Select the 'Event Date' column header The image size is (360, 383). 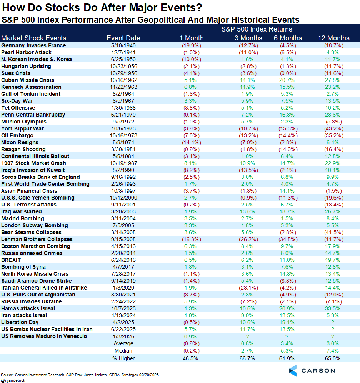point(123,38)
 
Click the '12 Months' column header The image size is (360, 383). point(333,38)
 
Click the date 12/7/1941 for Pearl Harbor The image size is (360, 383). point(123,52)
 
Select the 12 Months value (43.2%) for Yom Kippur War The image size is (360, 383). point(333,128)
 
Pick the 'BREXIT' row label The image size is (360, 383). point(11,260)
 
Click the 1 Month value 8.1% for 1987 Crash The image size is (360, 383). point(192,163)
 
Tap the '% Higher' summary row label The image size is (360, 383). point(123,358)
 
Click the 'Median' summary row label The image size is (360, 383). point(123,351)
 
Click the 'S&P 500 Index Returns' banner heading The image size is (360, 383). point(257,29)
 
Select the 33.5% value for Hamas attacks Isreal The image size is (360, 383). point(333,308)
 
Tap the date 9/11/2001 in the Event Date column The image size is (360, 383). point(123,205)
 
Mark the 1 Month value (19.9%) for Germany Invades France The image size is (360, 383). point(192,45)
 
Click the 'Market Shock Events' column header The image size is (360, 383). point(34,38)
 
